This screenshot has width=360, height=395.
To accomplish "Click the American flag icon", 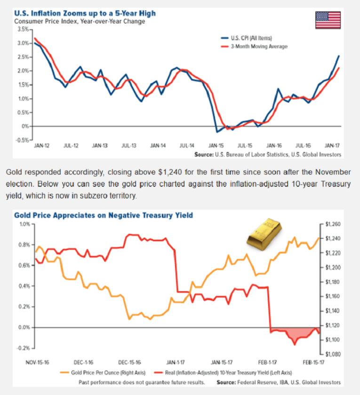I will [x=328, y=20].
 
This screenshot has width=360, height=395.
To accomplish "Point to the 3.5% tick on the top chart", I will [x=22, y=29].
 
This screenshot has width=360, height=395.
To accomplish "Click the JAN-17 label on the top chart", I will [x=333, y=146].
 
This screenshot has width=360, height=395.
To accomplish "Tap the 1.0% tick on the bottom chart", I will [x=24, y=224].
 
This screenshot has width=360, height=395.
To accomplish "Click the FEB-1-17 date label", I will [x=268, y=363].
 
